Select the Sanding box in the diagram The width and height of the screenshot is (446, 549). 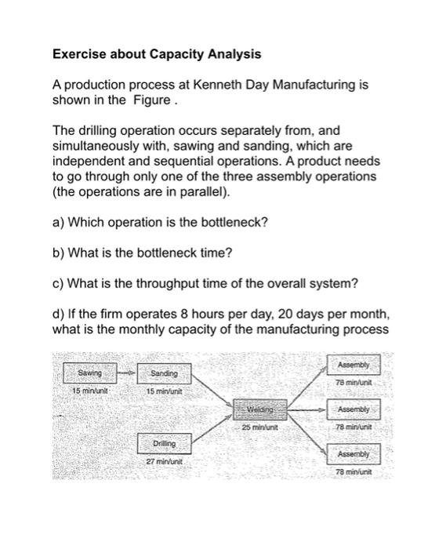click(x=164, y=373)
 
